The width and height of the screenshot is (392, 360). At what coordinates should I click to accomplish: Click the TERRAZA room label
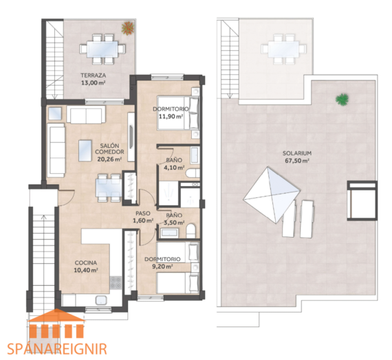93,75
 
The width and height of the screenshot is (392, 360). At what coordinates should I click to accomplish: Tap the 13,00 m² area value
93,83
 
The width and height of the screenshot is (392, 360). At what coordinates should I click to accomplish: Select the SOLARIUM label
296,153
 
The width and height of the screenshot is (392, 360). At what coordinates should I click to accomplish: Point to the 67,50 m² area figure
296,161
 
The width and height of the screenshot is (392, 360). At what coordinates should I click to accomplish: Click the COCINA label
86,262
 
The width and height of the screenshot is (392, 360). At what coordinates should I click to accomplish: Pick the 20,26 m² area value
109,159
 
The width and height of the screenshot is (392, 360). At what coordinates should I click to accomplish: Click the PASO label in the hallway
143,214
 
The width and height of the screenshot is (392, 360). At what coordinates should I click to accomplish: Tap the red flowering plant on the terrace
128,28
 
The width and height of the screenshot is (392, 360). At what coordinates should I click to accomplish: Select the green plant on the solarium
342,99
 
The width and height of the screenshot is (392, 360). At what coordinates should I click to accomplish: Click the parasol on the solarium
272,195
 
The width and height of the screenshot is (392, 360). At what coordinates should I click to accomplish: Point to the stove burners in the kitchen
116,282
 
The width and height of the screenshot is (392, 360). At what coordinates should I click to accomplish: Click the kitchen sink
101,300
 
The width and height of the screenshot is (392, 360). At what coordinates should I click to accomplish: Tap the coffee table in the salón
85,150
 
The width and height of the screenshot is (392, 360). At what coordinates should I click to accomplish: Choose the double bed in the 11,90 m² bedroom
178,113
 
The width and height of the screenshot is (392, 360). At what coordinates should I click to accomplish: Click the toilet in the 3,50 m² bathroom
190,231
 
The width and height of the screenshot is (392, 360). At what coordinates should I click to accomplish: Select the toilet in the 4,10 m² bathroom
193,173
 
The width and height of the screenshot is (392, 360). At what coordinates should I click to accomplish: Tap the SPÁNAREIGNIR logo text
57,349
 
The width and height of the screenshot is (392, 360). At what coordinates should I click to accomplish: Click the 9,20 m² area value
162,267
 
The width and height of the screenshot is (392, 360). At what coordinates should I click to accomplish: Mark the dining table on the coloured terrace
102,49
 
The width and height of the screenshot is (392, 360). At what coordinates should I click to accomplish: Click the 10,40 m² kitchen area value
86,270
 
